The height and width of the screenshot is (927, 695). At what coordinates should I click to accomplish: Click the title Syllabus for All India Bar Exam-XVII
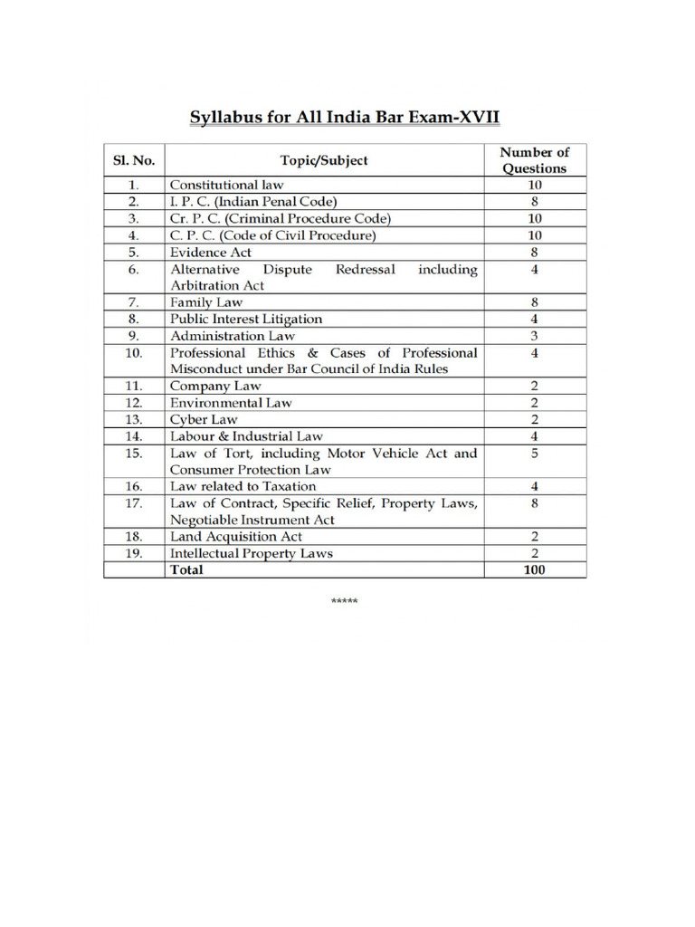pos(344,118)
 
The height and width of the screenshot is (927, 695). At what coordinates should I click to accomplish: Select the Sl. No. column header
pos(132,160)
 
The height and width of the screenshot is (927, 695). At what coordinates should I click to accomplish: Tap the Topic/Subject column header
pos(324,160)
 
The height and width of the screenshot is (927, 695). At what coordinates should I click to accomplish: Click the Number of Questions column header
pos(535,160)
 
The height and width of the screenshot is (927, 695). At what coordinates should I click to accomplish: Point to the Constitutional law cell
pos(227,185)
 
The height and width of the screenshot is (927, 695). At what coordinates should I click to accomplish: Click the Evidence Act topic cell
pos(211,253)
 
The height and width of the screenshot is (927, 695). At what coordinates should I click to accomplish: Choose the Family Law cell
pos(206,302)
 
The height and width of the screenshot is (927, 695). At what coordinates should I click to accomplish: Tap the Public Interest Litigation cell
pos(246,320)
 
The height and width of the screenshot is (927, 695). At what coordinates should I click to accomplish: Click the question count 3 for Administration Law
pos(535,336)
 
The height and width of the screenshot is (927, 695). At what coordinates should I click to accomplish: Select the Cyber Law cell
pos(205,419)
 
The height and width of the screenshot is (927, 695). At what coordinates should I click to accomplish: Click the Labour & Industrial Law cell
pos(246,436)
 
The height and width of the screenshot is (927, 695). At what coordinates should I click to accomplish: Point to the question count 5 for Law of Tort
pos(535,454)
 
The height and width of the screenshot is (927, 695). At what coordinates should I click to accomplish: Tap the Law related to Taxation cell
pos(243,486)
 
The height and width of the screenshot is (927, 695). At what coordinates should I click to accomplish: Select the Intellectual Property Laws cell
pos(252,553)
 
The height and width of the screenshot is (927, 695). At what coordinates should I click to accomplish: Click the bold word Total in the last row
pos(186,569)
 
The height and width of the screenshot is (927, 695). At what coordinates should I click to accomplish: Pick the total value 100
pos(535,569)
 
